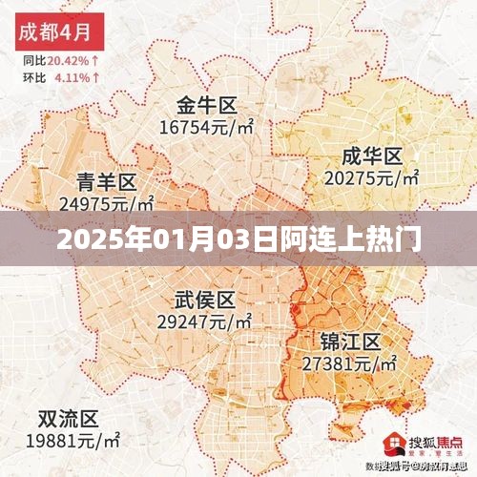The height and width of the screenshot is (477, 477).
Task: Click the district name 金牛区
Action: point(206,105)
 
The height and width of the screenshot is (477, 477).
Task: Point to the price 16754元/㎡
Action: point(206,127)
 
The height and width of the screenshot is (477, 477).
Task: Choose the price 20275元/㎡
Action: point(372,177)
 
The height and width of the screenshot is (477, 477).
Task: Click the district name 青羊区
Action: point(107,181)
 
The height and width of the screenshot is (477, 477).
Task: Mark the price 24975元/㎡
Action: point(107,203)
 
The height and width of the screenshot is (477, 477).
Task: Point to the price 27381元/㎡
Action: point(349,363)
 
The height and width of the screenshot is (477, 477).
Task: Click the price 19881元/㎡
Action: point(73,441)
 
